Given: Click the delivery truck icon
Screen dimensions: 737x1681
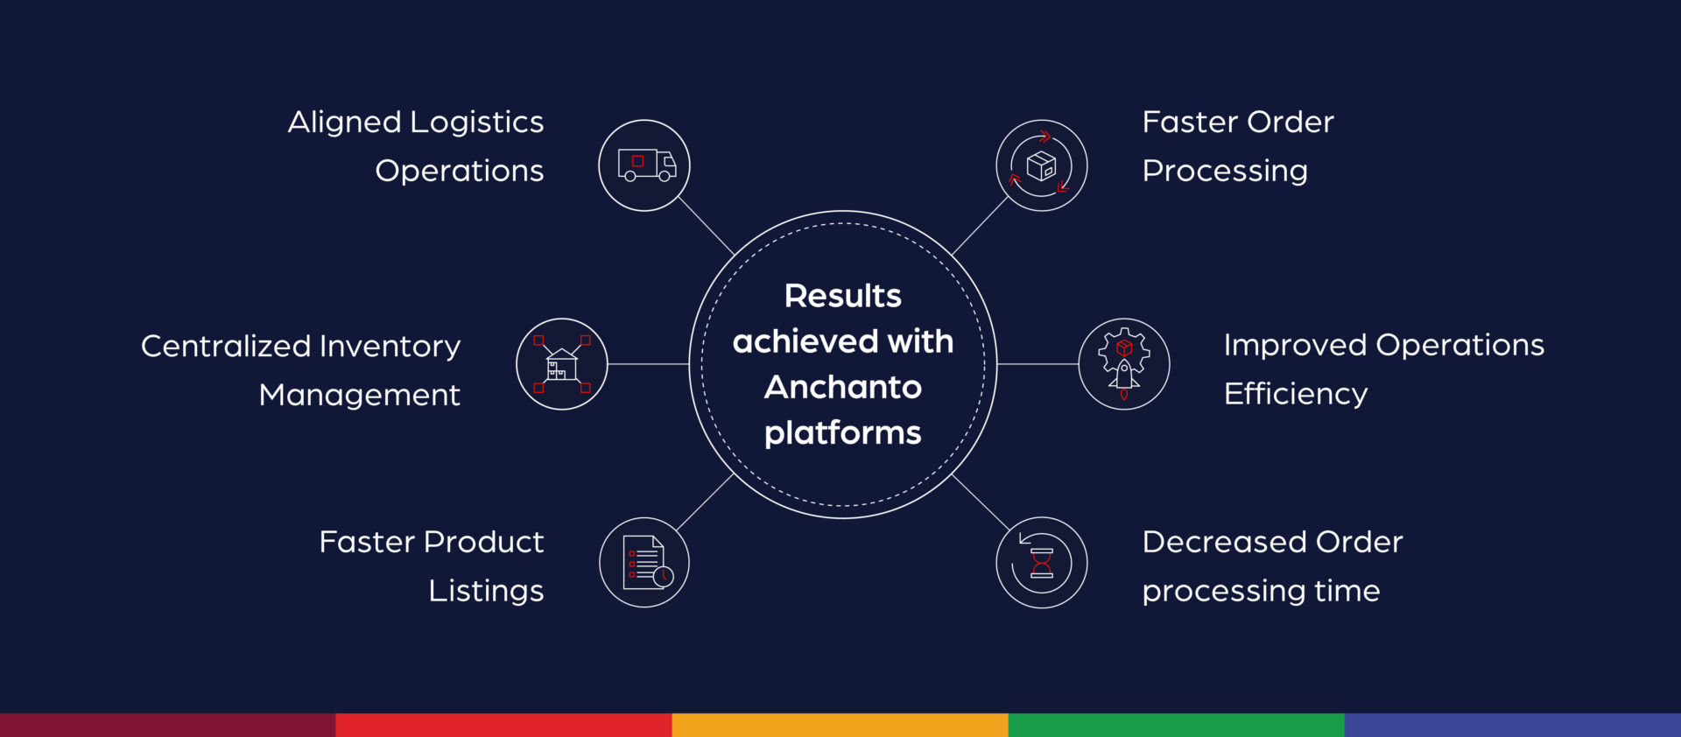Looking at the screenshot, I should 645,165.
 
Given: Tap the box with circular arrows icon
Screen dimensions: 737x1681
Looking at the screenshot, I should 1042,165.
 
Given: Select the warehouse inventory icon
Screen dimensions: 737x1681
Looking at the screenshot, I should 562,364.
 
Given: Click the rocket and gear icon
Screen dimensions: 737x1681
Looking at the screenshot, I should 1124,364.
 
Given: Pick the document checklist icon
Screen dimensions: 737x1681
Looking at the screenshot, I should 644,563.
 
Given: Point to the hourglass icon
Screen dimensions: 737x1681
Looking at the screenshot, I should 1042,563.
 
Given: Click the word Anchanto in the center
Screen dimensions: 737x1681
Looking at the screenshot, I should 843,387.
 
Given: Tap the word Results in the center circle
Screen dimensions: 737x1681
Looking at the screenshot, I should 843,296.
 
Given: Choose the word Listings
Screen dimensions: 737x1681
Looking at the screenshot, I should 486,591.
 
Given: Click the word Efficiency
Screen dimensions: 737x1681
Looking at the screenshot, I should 1295,394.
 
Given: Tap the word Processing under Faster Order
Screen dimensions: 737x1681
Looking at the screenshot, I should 1224,171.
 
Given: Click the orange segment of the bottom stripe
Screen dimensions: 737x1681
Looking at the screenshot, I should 840,725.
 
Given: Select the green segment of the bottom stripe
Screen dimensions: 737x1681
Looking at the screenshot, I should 1176,725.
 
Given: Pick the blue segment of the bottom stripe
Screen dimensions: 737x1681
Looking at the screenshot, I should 1512,725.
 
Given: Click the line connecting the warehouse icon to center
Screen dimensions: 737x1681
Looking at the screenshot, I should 648,364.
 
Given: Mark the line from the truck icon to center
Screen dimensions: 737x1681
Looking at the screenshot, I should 706,226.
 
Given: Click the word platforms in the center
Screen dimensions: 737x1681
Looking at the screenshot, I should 843,433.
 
